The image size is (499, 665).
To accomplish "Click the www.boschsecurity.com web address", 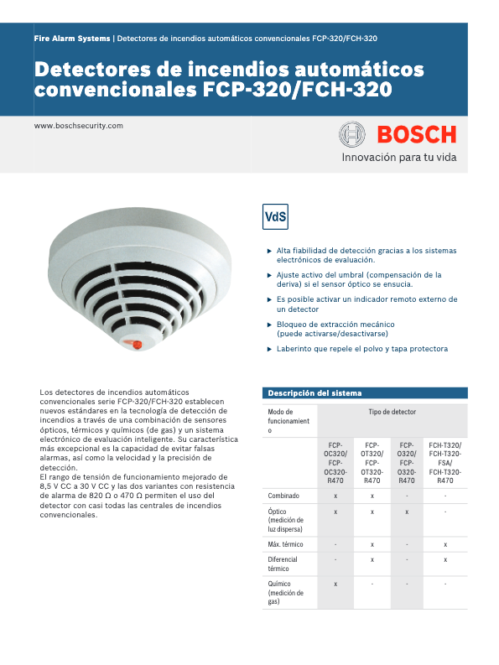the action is click(78, 126).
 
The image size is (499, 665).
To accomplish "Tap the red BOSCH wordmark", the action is click(416, 134).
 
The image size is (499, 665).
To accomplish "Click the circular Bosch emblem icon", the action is click(351, 134).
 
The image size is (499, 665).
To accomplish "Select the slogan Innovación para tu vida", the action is click(398, 157).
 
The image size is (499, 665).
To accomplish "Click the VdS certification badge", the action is click(275, 216).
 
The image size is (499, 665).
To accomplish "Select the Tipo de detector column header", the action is click(392, 413).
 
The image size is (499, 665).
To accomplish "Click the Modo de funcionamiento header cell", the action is click(288, 421).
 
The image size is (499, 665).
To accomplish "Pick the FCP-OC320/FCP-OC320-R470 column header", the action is click(335, 463).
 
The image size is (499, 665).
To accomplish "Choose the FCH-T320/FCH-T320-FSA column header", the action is click(445, 463).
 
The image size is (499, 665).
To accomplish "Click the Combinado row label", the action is click(283, 496).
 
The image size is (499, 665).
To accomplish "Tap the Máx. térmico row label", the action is click(286, 545).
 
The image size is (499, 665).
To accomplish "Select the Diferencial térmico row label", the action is click(283, 564).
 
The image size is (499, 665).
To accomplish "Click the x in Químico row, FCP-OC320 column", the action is click(335, 583).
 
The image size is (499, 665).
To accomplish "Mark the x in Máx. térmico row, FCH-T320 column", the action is click(445, 545).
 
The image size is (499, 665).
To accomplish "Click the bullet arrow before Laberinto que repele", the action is click(269, 349).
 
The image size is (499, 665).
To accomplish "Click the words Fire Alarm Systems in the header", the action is click(72, 39).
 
